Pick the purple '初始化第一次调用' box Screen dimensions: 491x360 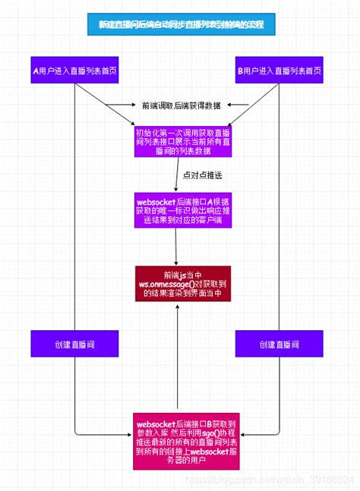pyautogui.click(x=180, y=142)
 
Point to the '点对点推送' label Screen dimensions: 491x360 pyautogui.click(x=202, y=175)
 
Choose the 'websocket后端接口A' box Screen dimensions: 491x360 pyautogui.click(x=180, y=211)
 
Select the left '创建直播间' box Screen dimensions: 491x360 pyautogui.click(x=74, y=345)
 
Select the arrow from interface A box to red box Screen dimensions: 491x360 pyautogui.click(x=177, y=247)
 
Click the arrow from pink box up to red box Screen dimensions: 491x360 pyautogui.click(x=177, y=357)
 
